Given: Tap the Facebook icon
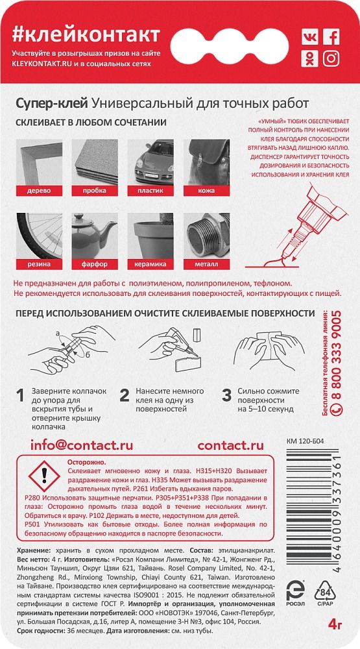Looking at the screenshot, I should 331,37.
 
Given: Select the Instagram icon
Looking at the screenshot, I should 331,58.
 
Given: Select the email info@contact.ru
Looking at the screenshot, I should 82,446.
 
